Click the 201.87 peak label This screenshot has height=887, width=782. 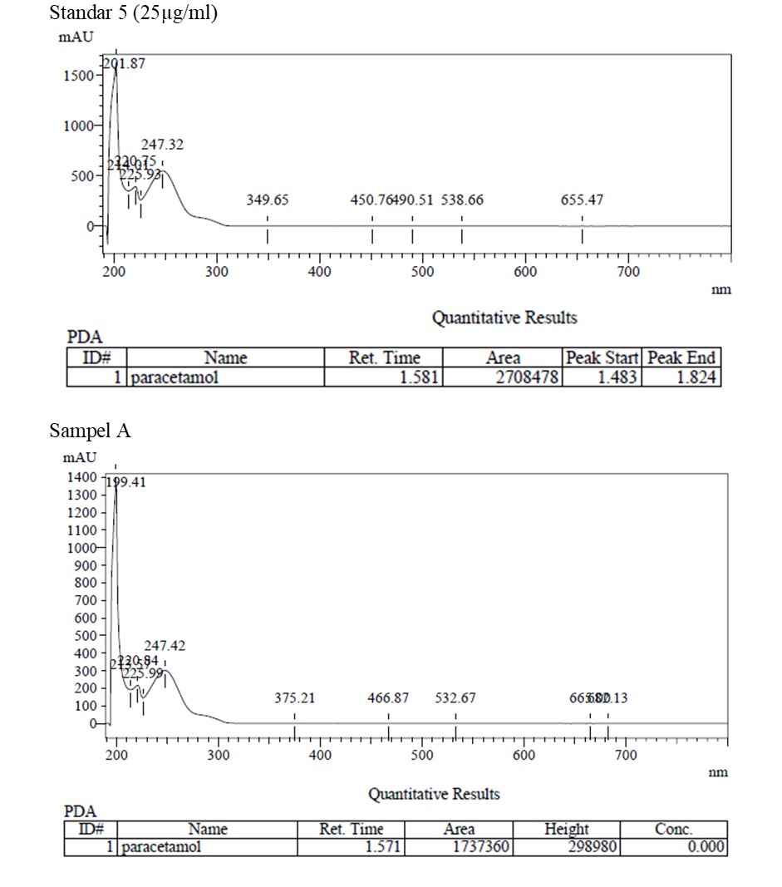[124, 64]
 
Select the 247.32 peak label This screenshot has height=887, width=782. [162, 145]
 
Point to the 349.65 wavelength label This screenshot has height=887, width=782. [268, 200]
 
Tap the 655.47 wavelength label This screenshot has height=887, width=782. [582, 200]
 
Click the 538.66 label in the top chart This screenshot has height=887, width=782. [462, 200]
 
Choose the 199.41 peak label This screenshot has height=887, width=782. [125, 481]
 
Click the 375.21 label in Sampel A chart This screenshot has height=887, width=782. [295, 698]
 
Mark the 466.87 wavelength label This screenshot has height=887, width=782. [388, 698]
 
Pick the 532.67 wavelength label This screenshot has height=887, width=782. [455, 698]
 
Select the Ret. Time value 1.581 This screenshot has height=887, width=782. [424, 378]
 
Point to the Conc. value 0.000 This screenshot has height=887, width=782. [706, 847]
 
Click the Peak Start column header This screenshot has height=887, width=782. [602, 358]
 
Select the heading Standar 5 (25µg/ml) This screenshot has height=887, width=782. [134, 13]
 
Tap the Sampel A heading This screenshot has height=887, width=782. [90, 431]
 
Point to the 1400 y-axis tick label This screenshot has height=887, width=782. [81, 477]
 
